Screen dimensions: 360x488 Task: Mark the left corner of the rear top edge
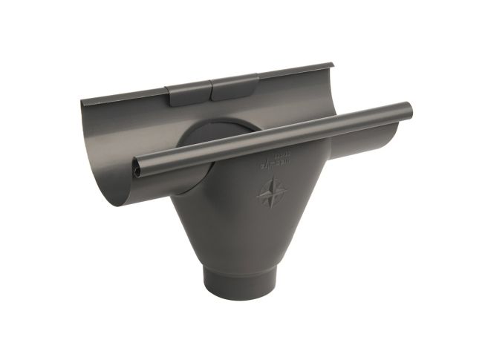point(81,103)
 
